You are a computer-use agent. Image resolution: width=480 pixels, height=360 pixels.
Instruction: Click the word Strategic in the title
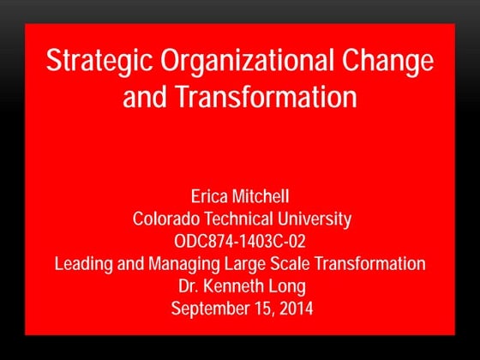click(92, 63)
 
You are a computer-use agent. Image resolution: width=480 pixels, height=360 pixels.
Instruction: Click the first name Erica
click(212, 197)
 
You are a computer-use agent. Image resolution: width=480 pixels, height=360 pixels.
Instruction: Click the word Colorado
click(166, 219)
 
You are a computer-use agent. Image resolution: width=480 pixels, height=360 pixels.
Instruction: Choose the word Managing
click(181, 264)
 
